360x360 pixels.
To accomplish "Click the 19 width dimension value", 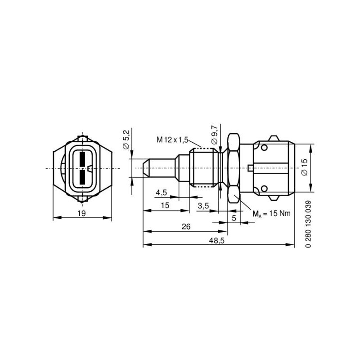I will tap(81, 213).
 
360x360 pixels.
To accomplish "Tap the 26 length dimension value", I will tap(185, 227).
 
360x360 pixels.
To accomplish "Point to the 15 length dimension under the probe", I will tap(165, 205).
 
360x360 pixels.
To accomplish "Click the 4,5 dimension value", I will tap(161, 193).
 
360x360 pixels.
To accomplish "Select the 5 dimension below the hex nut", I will tap(234, 218).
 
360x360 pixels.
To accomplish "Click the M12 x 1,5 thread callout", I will tap(172, 139).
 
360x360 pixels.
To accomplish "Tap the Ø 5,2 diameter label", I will tap(126, 140).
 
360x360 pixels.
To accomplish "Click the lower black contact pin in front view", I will tap(82, 177).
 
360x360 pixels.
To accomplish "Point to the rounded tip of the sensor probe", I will tap(145, 168).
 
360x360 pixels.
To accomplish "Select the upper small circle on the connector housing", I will tap(264, 147).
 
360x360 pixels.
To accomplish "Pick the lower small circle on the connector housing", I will tap(264, 188).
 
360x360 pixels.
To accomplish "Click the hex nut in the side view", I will tap(234, 168).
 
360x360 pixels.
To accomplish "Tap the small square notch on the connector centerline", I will tap(250, 168).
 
